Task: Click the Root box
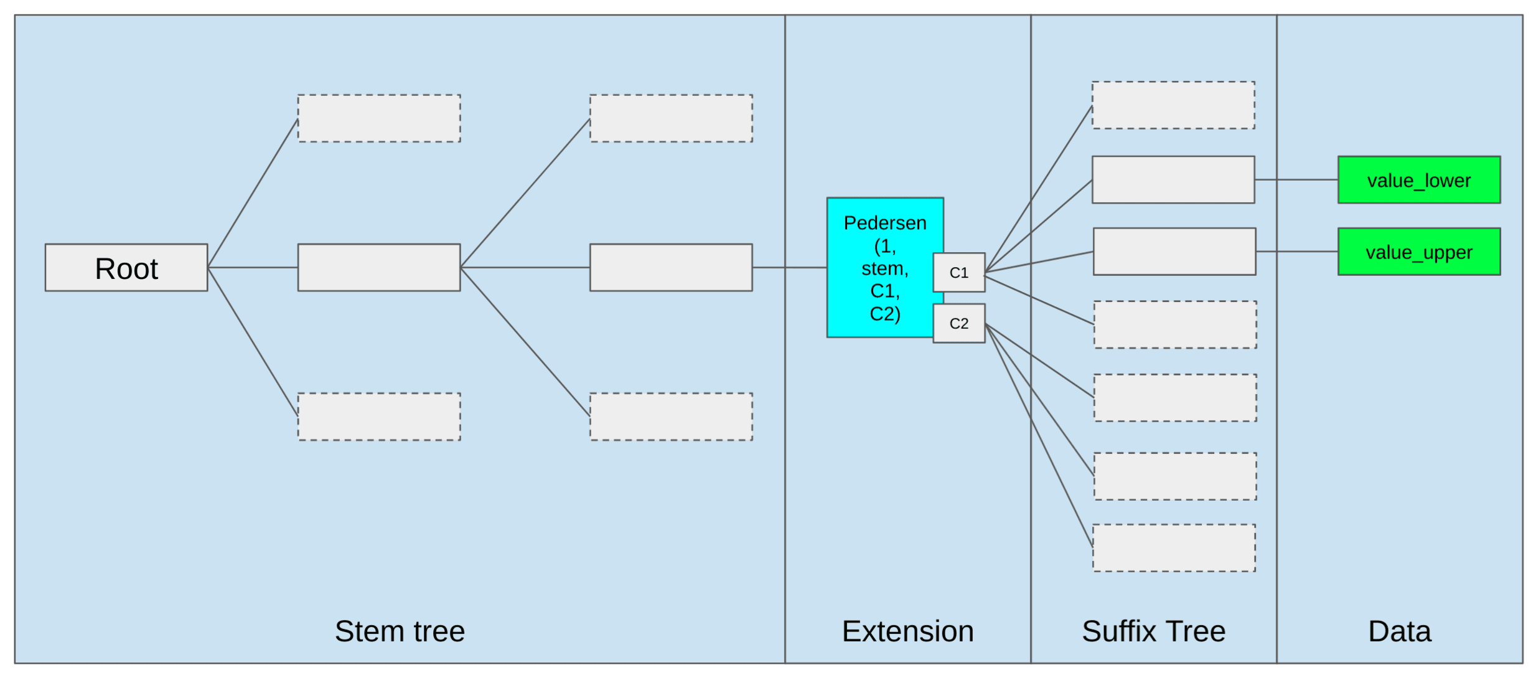pos(126,268)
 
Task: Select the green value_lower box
pos(1419,180)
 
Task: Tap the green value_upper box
pos(1419,252)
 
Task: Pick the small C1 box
pos(958,272)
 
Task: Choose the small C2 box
pos(958,323)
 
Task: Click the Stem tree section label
pos(400,631)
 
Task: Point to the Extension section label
pos(907,631)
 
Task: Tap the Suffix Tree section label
pos(1153,631)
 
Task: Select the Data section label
pos(1399,631)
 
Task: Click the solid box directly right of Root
pos(379,268)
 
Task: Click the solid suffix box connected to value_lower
pos(1173,180)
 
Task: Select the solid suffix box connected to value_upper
pos(1174,252)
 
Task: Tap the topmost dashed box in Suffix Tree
pos(1173,105)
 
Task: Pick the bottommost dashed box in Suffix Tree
pos(1174,548)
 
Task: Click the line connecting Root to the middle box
pos(253,268)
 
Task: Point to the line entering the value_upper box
pos(1297,252)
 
